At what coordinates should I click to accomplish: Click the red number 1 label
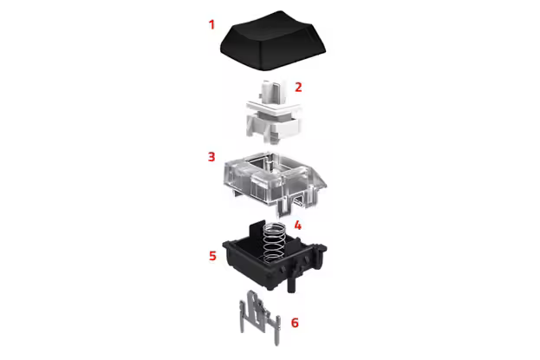[x=211, y=24]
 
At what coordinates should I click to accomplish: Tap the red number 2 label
[x=298, y=87]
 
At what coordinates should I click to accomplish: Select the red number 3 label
[x=211, y=156]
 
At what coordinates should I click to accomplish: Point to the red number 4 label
[x=297, y=226]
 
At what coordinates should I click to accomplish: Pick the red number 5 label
[x=212, y=256]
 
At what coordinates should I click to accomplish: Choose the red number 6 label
[x=295, y=323]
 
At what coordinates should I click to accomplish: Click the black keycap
[x=273, y=41]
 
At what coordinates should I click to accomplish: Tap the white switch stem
[x=273, y=112]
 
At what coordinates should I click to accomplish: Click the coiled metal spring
[x=274, y=241]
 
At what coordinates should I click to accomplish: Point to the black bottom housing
[x=275, y=262]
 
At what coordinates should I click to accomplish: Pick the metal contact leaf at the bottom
[x=260, y=317]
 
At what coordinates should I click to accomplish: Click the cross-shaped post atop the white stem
[x=270, y=91]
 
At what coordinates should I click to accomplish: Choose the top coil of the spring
[x=274, y=226]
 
